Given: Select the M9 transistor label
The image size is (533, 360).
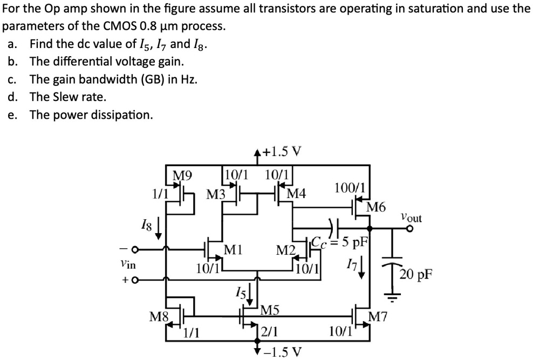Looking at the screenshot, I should (x=182, y=175).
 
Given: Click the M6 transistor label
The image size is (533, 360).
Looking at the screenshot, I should (x=377, y=207).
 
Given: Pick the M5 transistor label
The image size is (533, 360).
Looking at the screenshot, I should (x=269, y=310).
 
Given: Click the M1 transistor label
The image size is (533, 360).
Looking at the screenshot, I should (x=233, y=249).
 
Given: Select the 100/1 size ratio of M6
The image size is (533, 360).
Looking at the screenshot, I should (x=350, y=188).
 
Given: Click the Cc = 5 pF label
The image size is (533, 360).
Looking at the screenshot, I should (x=339, y=241).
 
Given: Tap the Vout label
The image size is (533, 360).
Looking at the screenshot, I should (x=412, y=218).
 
